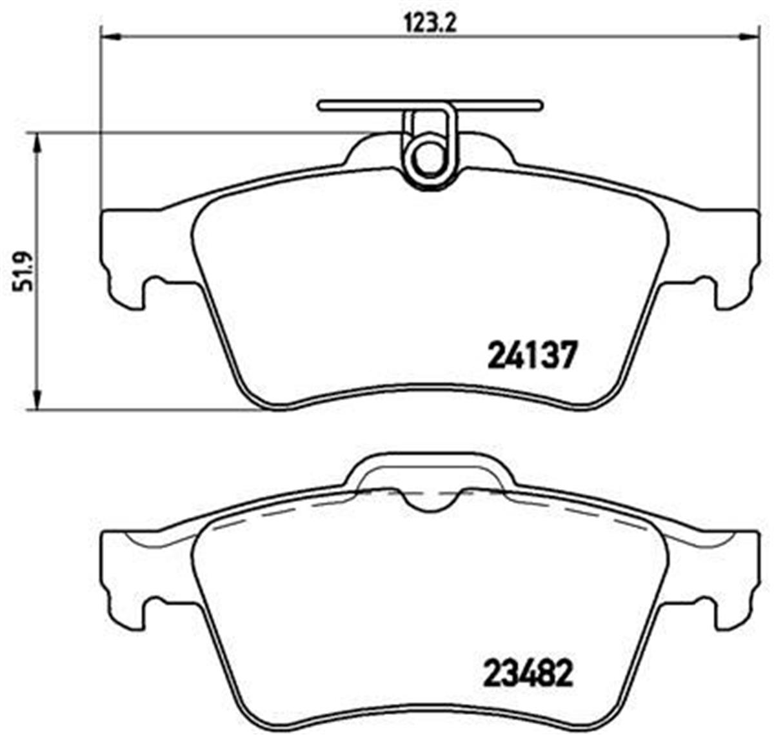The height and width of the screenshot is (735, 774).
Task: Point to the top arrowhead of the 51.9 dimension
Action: (x=38, y=143)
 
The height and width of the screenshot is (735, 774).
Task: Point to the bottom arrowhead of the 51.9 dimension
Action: (x=38, y=399)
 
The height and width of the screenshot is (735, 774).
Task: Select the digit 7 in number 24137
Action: (x=564, y=355)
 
